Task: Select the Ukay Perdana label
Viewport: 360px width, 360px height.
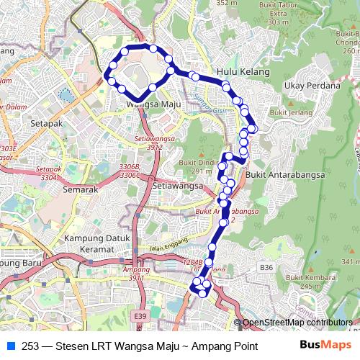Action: click(x=312, y=86)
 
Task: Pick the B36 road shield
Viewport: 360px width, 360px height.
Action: click(x=267, y=267)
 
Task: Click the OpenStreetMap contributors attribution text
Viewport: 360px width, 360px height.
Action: click(x=297, y=323)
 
